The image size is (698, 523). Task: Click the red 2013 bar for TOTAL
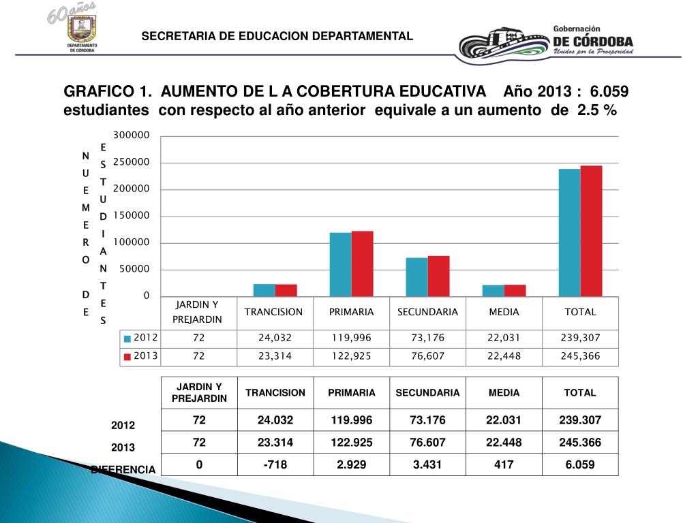(592, 231)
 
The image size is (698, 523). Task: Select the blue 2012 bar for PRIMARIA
(340, 264)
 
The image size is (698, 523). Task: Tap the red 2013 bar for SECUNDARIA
(438, 276)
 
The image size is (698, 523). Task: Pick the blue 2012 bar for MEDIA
(493, 291)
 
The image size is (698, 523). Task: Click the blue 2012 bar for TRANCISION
(264, 290)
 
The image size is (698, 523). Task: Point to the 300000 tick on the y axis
(131, 136)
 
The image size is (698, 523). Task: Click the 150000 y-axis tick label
(131, 216)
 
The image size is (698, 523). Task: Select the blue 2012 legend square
(127, 338)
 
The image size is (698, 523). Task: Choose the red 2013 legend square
(127, 356)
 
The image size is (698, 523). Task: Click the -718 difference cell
(275, 465)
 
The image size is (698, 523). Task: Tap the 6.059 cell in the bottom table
(580, 465)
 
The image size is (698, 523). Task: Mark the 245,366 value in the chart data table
(580, 356)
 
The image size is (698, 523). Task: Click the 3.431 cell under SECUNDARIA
(427, 465)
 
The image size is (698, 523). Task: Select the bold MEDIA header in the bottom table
(504, 393)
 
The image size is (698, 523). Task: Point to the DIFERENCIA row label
(123, 470)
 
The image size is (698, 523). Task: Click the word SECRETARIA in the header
(172, 36)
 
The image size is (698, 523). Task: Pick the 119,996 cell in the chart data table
(351, 338)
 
